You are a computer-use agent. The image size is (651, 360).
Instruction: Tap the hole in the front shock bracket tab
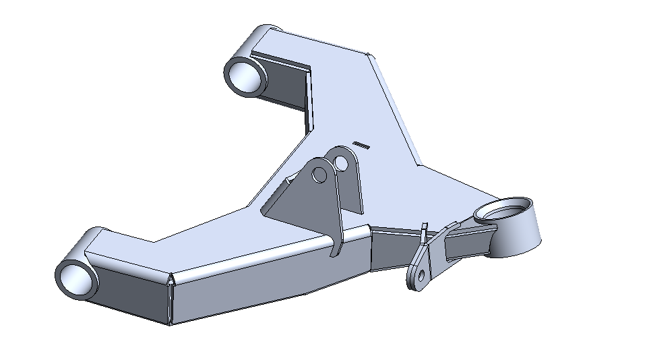(x=319, y=175)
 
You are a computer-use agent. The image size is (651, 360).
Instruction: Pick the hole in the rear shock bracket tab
(x=342, y=164)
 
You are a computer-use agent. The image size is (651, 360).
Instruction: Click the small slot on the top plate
(x=361, y=144)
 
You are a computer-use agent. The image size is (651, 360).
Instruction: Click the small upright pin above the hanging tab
(x=424, y=230)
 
